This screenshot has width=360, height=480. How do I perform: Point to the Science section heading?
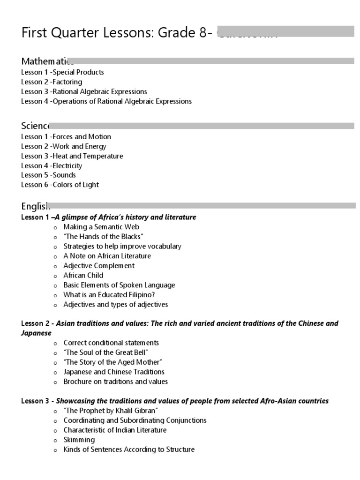click(x=35, y=126)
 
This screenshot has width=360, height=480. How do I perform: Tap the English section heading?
click(x=35, y=206)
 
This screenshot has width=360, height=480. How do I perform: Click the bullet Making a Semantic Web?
click(x=101, y=227)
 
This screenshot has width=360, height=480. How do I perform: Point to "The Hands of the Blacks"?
click(x=103, y=237)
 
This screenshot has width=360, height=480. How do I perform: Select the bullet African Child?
click(x=83, y=275)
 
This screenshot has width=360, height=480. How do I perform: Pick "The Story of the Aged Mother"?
click(x=113, y=362)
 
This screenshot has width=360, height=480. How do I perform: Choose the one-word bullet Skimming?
click(x=79, y=440)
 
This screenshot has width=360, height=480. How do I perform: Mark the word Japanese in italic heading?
click(x=37, y=333)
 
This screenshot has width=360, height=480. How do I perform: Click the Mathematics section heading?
click(x=47, y=61)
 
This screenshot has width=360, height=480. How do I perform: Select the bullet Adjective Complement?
click(x=99, y=266)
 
